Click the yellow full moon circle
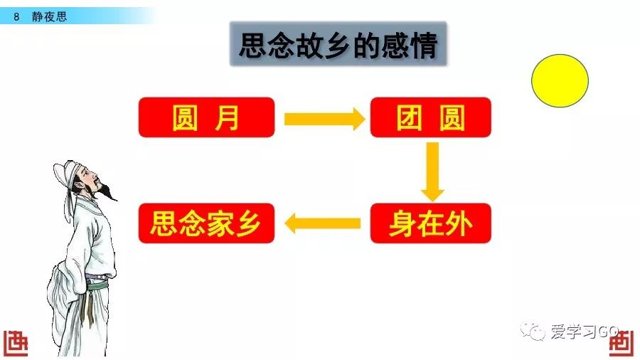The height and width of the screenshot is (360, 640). (560, 81)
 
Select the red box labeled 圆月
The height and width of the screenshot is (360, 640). (206, 117)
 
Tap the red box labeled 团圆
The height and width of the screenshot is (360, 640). (431, 117)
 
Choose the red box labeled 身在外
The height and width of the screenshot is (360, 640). (431, 223)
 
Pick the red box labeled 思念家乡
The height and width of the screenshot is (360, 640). (206, 223)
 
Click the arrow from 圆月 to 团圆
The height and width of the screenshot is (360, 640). (324, 120)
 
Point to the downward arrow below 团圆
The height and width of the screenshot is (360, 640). (432, 172)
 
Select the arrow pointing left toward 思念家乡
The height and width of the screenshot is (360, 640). (322, 223)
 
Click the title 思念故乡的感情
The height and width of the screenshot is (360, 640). (338, 45)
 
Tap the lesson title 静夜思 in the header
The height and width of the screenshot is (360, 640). (49, 17)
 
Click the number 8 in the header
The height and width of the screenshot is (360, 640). (16, 17)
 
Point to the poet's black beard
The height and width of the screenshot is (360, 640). (106, 191)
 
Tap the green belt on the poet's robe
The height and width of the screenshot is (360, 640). (97, 284)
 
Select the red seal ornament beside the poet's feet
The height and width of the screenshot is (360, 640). (16, 343)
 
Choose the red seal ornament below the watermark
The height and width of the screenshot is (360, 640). (622, 343)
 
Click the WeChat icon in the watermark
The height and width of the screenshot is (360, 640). (533, 331)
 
